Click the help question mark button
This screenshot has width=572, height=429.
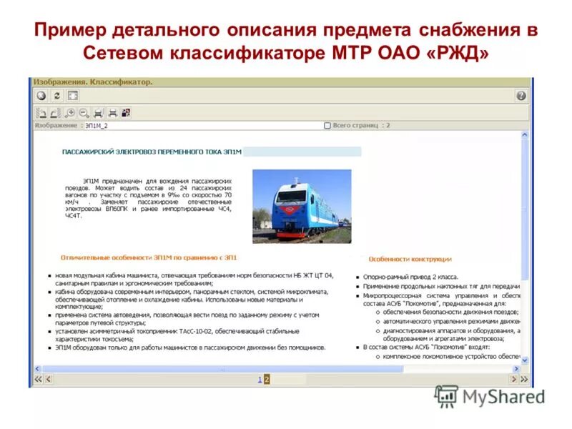[521, 96]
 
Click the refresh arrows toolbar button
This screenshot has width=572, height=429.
[57, 96]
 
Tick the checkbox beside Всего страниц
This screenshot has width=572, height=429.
[327, 126]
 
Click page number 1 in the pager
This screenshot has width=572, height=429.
[260, 380]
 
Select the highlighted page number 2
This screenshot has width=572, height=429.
[267, 380]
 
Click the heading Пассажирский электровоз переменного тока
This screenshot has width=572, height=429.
[152, 152]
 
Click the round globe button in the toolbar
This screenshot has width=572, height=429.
[41, 96]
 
